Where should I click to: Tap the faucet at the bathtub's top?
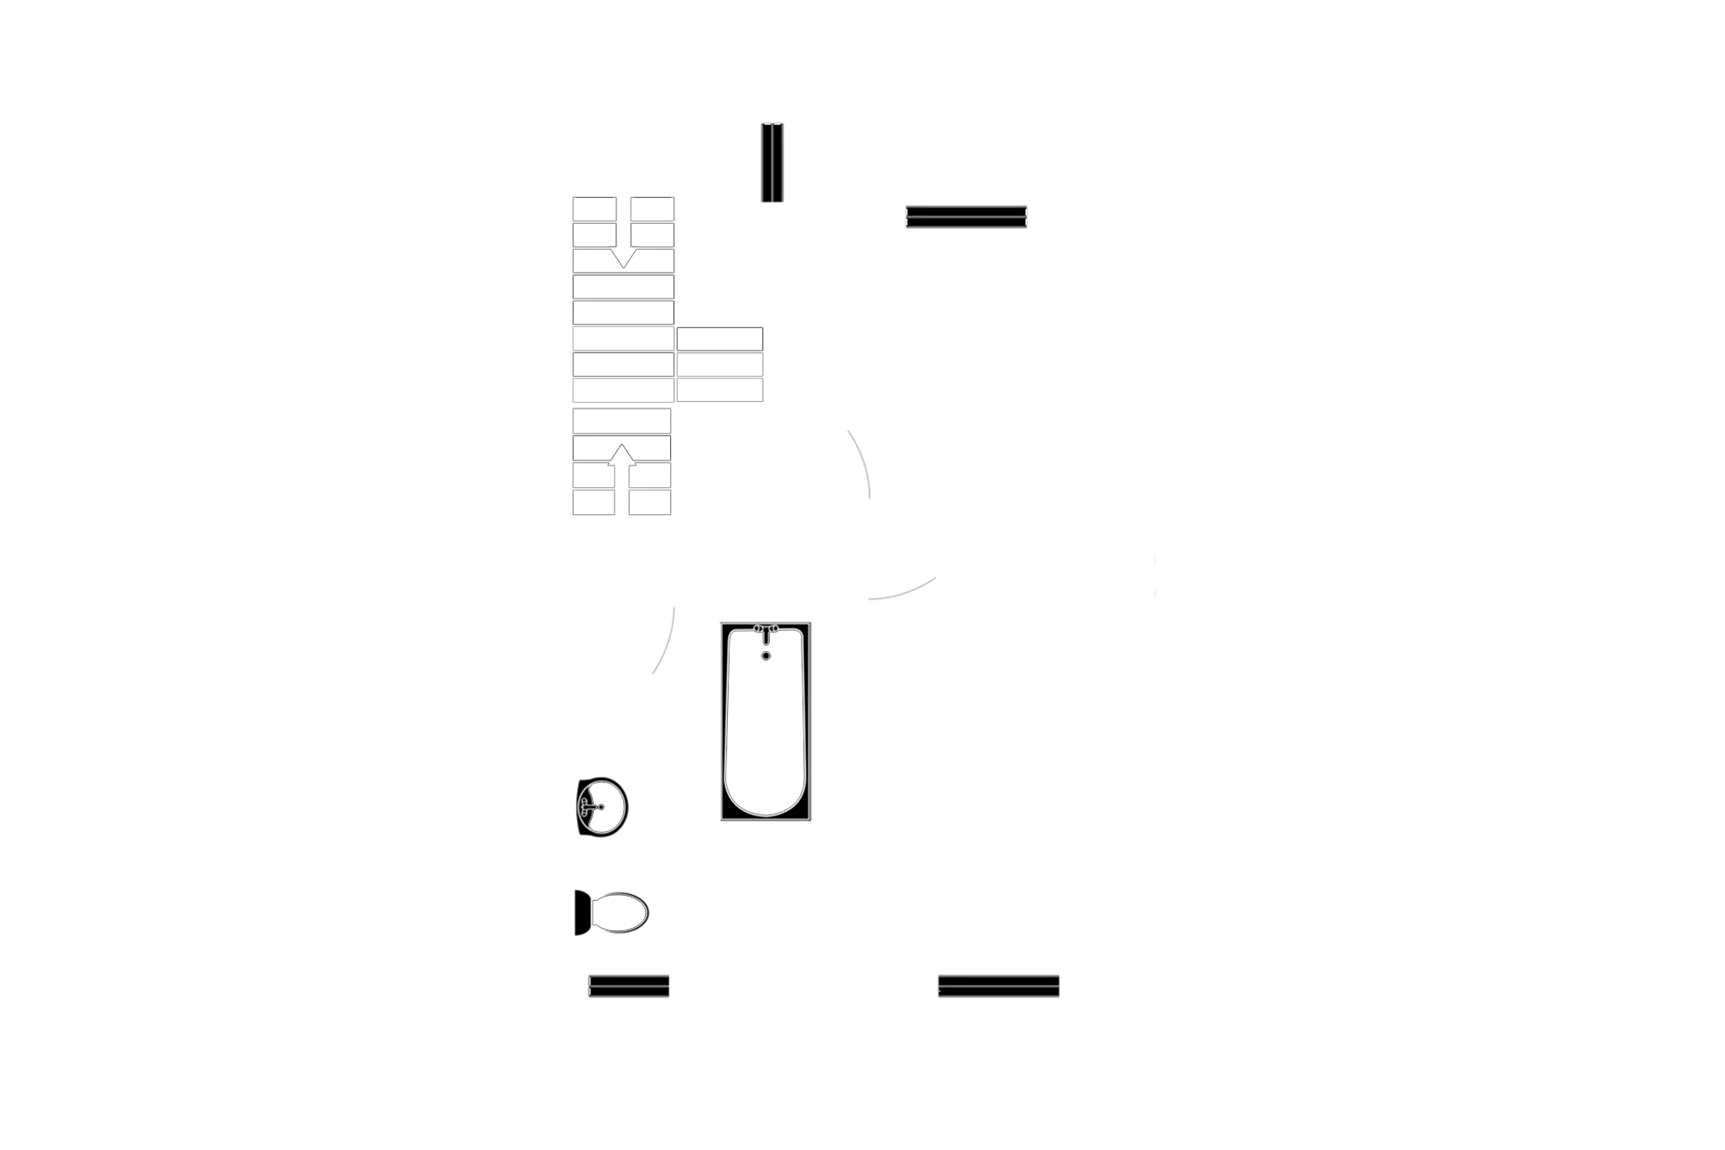tap(765, 629)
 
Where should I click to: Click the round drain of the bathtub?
tap(765, 654)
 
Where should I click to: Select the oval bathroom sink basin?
tap(604, 805)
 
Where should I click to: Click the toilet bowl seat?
tap(621, 913)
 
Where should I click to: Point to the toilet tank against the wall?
tap(583, 913)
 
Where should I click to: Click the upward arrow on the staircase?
tap(621, 470)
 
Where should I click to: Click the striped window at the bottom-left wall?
tap(629, 986)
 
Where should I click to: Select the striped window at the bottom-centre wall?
tap(998, 986)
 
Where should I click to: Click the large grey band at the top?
tap(1250, 154)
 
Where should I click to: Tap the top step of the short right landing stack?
tap(720, 339)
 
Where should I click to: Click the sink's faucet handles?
tap(587, 805)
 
